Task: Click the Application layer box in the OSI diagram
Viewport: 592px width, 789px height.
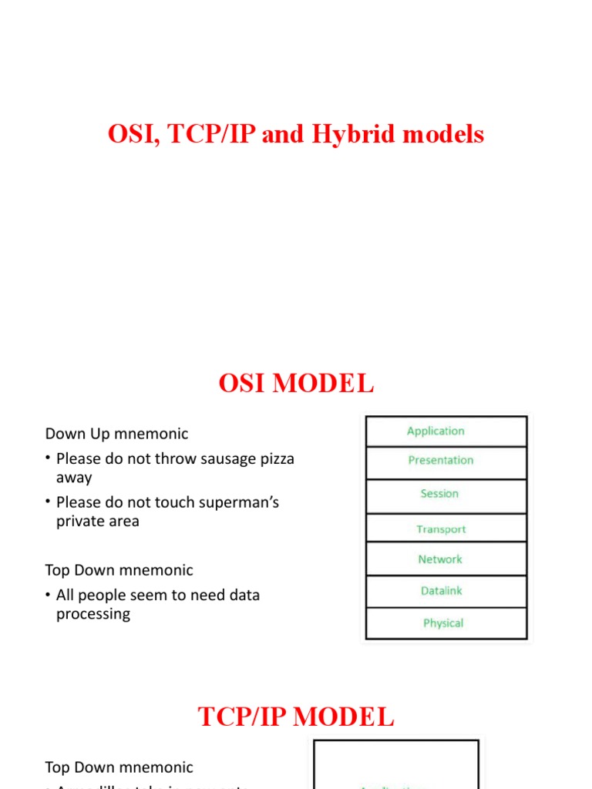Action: (x=446, y=431)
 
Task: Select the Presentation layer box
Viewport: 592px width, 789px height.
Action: (x=446, y=461)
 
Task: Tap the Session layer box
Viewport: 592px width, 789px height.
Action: (x=446, y=494)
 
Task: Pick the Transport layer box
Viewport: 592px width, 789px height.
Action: (x=446, y=529)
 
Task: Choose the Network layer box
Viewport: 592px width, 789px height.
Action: (x=446, y=559)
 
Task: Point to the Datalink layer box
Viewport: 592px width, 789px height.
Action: (x=446, y=591)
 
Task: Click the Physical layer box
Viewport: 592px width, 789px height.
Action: (x=446, y=623)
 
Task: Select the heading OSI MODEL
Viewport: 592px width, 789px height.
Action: (x=296, y=383)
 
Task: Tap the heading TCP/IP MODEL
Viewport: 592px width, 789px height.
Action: (x=296, y=717)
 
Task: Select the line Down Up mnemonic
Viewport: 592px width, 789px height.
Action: (x=116, y=434)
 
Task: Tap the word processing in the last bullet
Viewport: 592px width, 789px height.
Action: (x=93, y=614)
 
